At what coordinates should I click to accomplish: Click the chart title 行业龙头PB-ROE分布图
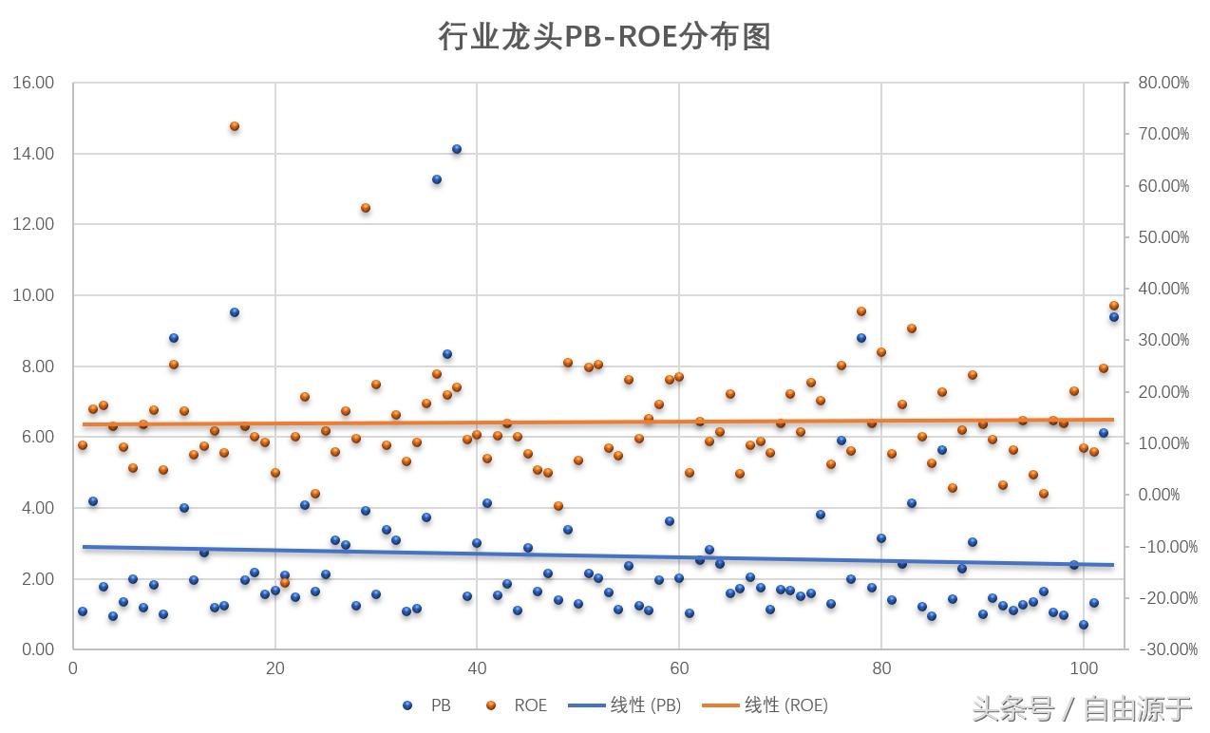604,37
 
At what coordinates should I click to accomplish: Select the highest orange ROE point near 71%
235,126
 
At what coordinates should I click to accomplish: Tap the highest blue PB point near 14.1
457,149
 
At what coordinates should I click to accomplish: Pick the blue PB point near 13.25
437,179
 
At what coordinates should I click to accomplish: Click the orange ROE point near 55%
366,208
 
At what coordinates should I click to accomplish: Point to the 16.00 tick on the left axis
33,84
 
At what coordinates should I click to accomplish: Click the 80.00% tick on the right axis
1163,84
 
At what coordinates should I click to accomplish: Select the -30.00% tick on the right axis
1163,649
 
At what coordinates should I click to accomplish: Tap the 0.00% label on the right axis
1159,495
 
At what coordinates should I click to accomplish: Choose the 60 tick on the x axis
679,668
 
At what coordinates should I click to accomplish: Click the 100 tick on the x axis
1083,668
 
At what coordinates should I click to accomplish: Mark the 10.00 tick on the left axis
33,295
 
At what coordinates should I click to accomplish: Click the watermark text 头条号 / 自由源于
1082,709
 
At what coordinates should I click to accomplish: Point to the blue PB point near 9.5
235,312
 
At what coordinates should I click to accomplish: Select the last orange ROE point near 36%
1114,306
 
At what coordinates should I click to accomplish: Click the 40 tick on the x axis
477,668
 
